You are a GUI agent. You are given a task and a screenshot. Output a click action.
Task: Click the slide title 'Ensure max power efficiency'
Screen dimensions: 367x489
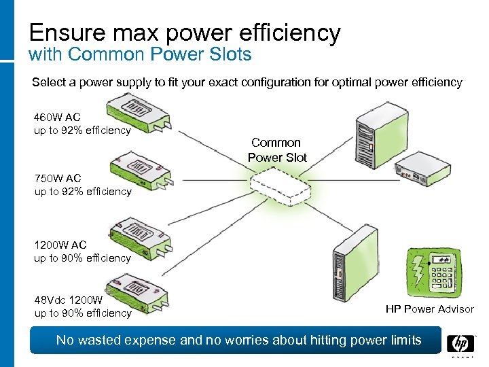(184, 32)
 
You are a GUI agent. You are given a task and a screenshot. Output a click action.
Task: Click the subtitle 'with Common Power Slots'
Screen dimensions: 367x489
(140, 54)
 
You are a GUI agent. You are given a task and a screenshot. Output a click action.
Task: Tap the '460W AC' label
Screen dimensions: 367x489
(57, 117)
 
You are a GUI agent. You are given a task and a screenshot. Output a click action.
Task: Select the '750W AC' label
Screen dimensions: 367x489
(58, 179)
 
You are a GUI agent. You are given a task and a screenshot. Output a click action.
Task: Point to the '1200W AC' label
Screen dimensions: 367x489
(60, 245)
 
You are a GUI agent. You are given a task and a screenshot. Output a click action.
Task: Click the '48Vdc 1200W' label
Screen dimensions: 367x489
(69, 300)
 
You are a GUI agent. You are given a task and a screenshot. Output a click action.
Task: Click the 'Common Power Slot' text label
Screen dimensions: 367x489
(276, 150)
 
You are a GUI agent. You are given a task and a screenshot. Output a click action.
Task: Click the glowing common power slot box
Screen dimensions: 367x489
(278, 188)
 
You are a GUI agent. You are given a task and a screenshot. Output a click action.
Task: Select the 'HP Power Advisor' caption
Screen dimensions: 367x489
(429, 309)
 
